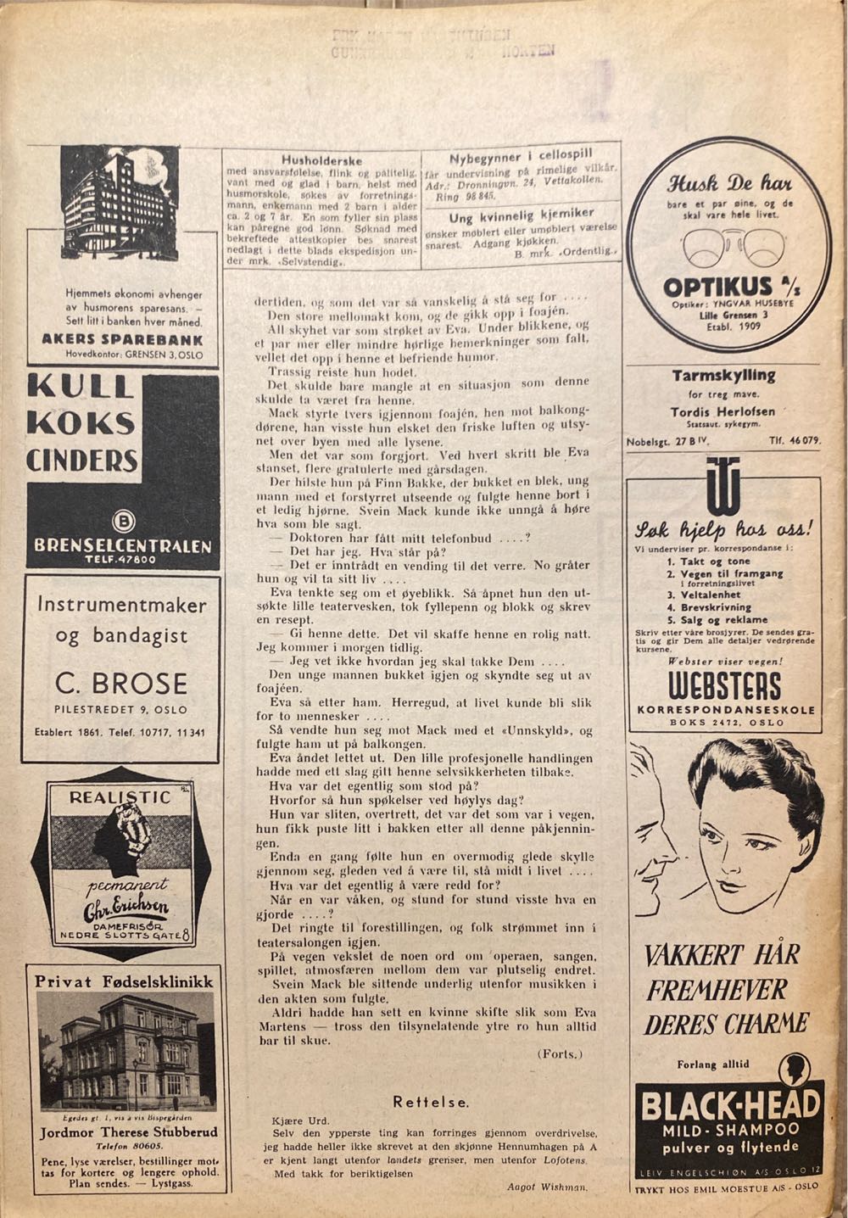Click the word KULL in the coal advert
81,388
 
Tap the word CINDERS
82,461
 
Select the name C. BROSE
121,683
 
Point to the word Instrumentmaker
122,605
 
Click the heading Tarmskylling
723,375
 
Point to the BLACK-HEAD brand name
729,1104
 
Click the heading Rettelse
431,1102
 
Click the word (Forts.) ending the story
560,1053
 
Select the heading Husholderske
321,159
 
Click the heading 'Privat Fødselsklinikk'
124,981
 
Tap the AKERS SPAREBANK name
122,338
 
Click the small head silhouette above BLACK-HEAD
795,1067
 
